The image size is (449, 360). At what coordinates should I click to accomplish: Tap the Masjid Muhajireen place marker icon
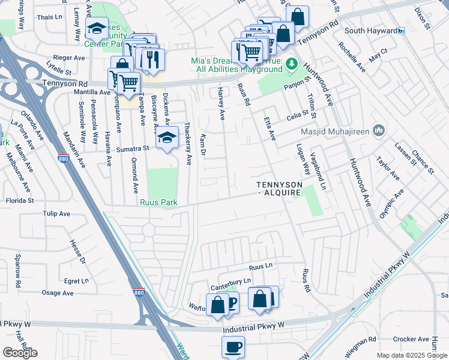click(378, 130)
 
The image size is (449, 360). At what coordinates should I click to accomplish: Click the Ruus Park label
click(158, 203)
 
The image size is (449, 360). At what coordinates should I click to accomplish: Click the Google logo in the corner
click(20, 353)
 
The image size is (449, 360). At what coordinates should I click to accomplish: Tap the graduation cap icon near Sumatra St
click(167, 137)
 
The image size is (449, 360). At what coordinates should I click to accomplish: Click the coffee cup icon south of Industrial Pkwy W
click(233, 346)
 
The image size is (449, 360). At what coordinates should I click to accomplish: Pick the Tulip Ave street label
click(56, 214)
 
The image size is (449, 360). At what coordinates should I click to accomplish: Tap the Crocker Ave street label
click(411, 339)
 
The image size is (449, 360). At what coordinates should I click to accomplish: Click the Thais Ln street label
click(46, 17)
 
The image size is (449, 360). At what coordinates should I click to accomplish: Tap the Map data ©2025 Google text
click(412, 355)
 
